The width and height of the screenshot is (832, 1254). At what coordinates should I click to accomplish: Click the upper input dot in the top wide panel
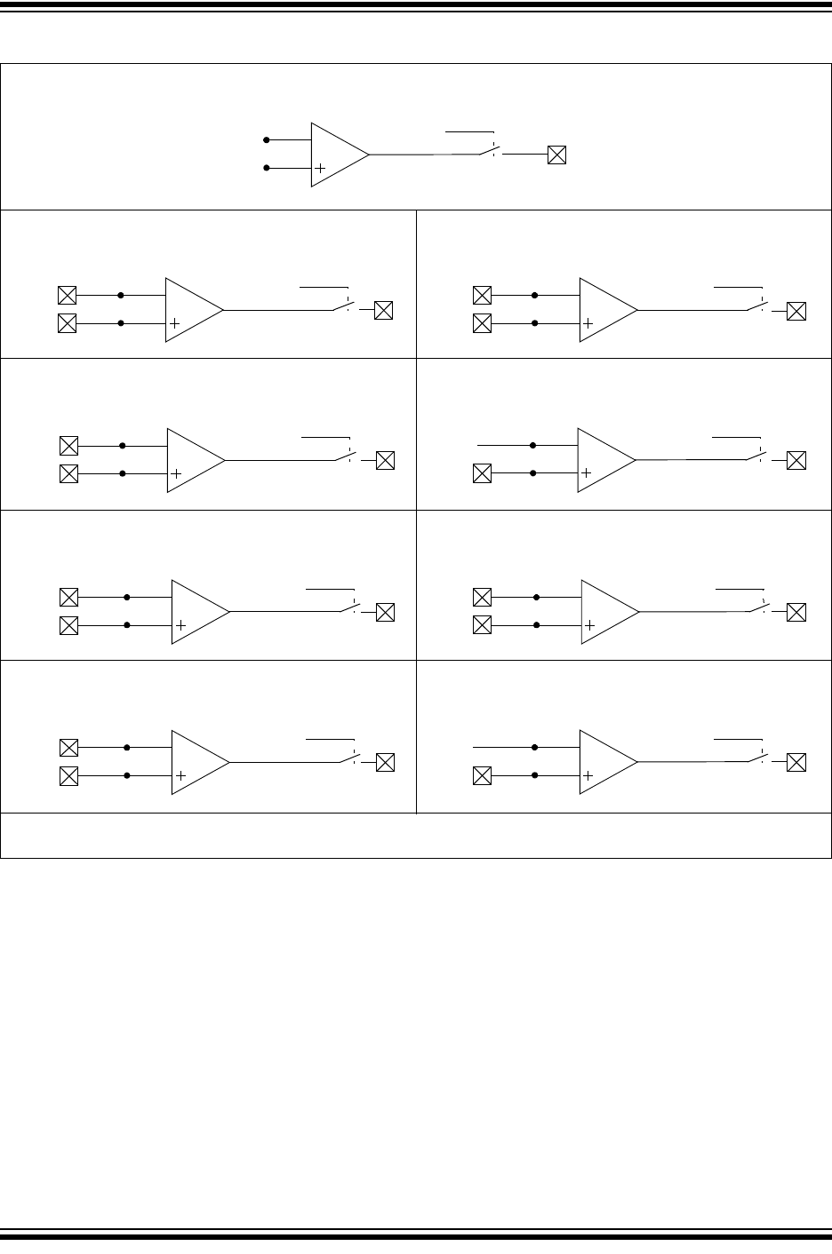click(266, 139)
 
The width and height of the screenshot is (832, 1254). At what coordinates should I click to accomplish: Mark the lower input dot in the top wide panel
click(266, 168)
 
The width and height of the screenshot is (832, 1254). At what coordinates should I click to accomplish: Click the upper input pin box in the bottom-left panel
click(68, 748)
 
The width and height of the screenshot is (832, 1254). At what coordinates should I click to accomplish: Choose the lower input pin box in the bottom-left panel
click(68, 776)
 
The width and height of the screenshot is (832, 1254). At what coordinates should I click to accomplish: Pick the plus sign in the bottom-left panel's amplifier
click(180, 776)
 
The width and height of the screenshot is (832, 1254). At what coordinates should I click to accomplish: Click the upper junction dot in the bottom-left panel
click(128, 748)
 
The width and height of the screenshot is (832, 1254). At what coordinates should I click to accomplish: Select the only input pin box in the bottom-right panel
click(482, 776)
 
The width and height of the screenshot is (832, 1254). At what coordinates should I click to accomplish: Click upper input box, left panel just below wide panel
click(67, 295)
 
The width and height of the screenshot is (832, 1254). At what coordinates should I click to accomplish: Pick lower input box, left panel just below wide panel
click(67, 323)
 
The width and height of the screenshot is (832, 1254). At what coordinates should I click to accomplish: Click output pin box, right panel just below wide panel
click(797, 311)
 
